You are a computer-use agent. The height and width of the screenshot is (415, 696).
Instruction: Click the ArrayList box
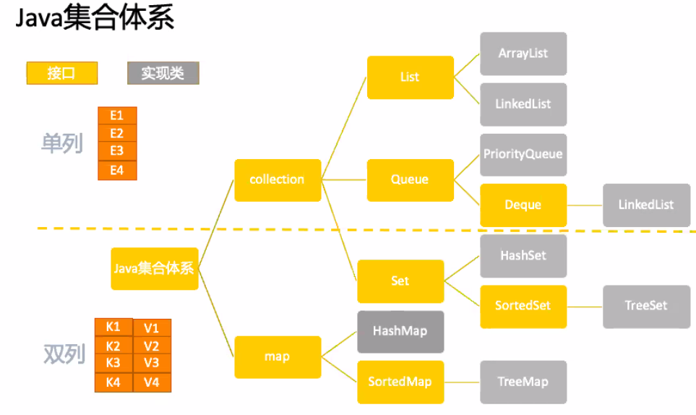coord(523,54)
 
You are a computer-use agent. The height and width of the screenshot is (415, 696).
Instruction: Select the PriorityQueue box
coord(523,155)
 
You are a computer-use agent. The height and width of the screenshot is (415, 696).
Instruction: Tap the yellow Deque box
coord(523,205)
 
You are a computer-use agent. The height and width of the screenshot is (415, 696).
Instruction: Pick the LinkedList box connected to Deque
coord(646,205)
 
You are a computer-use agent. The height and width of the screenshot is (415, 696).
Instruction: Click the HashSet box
coord(523,256)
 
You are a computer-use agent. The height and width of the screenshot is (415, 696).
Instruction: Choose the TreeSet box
coord(646,307)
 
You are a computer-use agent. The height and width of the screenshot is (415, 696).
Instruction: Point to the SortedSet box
coord(523,307)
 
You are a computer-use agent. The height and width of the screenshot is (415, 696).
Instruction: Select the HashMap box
coord(400,332)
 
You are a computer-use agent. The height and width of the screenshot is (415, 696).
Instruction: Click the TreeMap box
coord(523,382)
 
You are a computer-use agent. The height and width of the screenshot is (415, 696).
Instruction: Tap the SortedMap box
coord(400,382)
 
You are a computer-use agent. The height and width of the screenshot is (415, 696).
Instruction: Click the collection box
coord(278,180)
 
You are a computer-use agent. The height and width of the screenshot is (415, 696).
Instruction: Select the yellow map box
coord(278,357)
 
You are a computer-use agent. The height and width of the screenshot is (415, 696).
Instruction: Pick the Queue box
coord(410,180)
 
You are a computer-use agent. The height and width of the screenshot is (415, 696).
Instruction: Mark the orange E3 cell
coord(117,151)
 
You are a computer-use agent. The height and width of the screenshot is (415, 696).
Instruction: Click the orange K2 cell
coord(113,346)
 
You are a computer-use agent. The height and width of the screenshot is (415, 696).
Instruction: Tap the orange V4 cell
coord(152,382)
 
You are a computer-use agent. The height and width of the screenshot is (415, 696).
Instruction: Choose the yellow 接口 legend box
coord(62,73)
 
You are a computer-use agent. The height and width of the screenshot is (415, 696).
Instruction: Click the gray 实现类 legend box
coord(163,73)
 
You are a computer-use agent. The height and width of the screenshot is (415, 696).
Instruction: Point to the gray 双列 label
coord(64,354)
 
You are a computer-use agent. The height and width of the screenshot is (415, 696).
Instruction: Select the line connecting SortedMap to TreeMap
coord(462,382)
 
